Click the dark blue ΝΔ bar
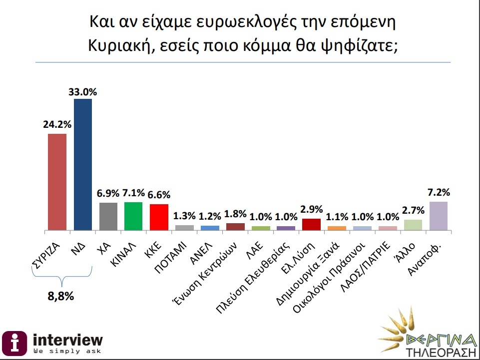coord(82,165)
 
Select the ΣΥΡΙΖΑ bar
coord(57,182)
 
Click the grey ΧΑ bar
coord(108,216)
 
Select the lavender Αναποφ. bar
coord(439,216)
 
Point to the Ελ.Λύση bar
coord(312,224)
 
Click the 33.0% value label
coord(83,92)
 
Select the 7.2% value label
coord(439,192)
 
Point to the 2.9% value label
coord(312,209)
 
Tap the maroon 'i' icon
coord(15,343)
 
